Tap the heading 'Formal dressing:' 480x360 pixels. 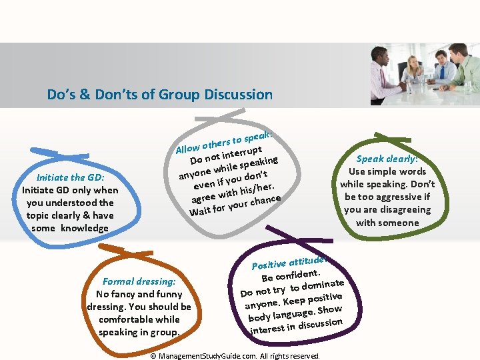point(139,281)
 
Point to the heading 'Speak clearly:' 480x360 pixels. point(387,159)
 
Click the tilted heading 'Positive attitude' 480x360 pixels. point(288,261)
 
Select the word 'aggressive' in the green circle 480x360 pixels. point(399,197)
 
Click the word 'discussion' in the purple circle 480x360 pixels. point(320,324)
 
